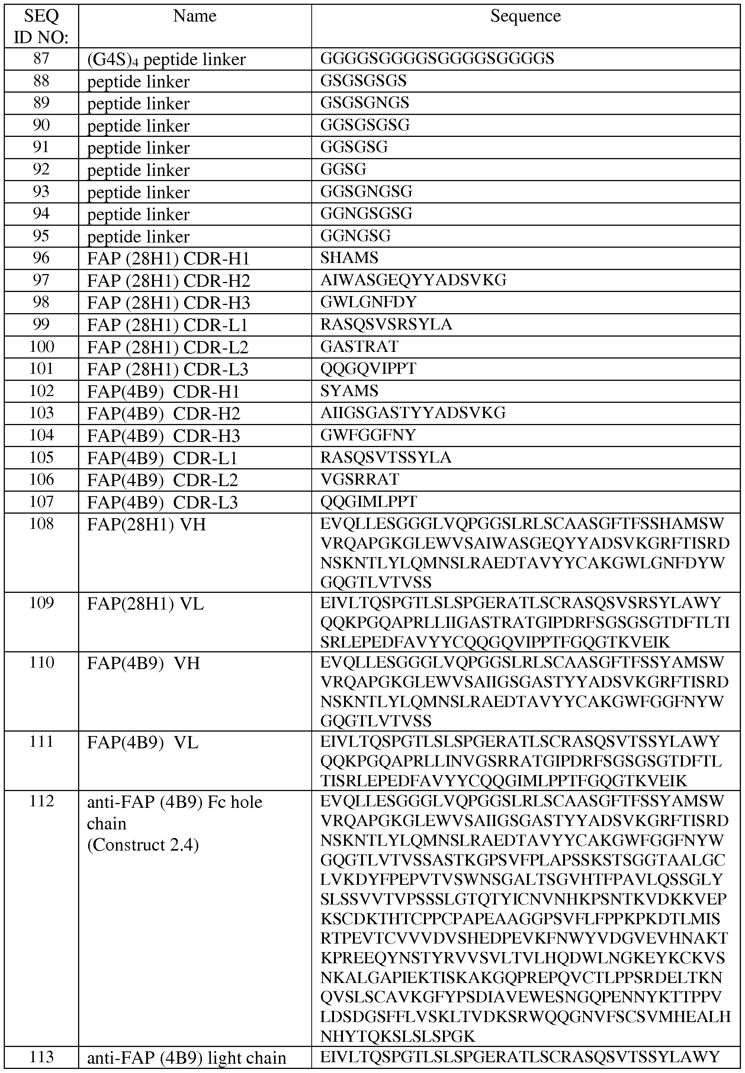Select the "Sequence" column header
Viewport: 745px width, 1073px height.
[525, 16]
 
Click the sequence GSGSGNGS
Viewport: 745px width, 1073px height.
[365, 103]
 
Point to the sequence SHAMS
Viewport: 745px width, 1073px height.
[349, 258]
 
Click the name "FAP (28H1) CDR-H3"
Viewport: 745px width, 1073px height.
[168, 302]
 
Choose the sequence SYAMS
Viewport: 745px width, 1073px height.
[349, 391]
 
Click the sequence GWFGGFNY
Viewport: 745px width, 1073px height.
[368, 435]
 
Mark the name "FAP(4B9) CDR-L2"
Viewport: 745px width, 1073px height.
[163, 480]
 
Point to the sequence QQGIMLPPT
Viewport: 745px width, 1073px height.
[368, 502]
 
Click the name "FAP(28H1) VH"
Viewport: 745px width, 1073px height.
[146, 525]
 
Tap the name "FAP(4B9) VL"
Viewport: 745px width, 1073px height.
[143, 742]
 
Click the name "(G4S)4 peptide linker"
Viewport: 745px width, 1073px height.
[166, 59]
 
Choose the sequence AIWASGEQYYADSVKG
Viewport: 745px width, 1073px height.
[413, 280]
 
